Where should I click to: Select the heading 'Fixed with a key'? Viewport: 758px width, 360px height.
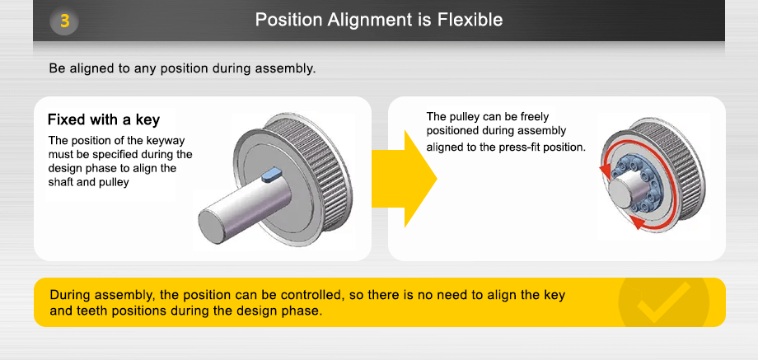[x=104, y=120]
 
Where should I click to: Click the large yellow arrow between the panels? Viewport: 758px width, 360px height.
[x=404, y=177]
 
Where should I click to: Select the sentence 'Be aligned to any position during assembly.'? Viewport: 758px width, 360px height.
[x=182, y=68]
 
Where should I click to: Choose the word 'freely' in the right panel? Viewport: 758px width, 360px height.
[x=533, y=117]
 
